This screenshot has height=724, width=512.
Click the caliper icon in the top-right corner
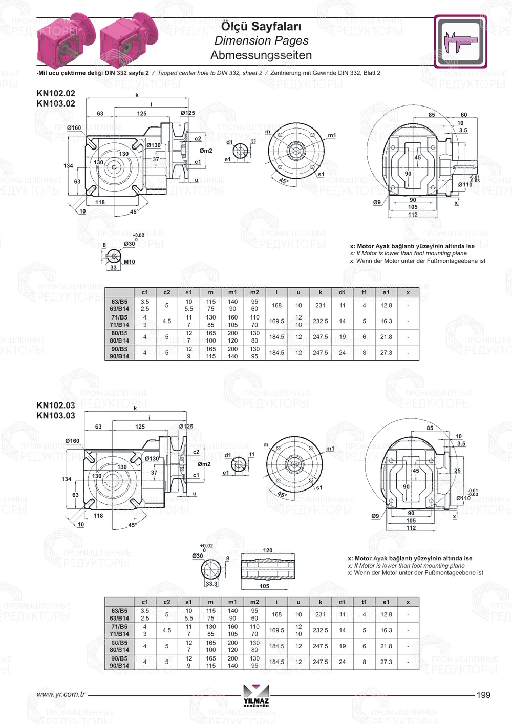tap(460, 41)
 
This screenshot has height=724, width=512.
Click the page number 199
tap(483, 695)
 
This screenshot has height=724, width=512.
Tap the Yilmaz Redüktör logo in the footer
tap(256, 695)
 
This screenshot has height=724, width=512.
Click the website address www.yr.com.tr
tap(60, 694)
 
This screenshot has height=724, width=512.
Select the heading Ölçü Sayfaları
tap(261, 26)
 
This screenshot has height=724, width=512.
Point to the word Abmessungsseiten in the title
tap(261, 55)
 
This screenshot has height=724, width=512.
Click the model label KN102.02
tap(56, 93)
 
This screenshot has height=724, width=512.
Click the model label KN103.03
tap(56, 416)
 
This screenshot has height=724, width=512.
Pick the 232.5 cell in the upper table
tap(321, 321)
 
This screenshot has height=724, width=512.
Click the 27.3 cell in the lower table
tap(386, 662)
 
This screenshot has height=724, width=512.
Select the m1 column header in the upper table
tap(232, 292)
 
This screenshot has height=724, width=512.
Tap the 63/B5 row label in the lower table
tap(119, 611)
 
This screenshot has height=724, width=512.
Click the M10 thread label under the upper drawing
tap(130, 262)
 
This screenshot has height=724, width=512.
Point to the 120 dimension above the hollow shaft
tap(268, 550)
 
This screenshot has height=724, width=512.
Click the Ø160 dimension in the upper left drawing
tap(74, 128)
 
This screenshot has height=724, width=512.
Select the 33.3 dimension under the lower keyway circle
tap(211, 584)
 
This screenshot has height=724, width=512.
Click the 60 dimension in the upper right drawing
tap(464, 115)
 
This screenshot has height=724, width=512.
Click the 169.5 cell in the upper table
tap(276, 321)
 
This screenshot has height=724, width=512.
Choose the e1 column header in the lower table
tap(386, 602)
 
